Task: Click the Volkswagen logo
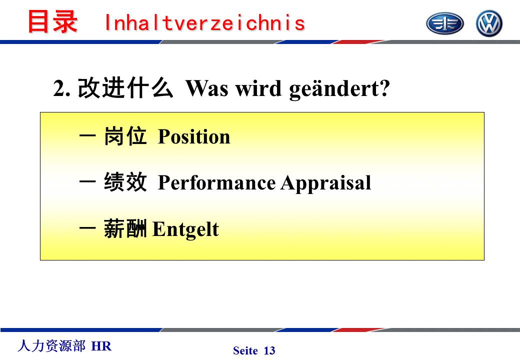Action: (489, 23)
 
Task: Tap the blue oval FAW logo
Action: (444, 23)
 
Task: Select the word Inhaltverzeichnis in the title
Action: (204, 22)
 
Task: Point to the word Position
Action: (194, 136)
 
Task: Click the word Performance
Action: (216, 182)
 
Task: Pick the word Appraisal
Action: (326, 182)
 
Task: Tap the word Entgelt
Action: (185, 229)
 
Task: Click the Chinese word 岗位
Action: (125, 136)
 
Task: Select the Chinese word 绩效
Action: (125, 181)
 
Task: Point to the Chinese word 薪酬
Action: (125, 228)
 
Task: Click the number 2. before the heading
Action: (61, 88)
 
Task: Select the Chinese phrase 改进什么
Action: (125, 87)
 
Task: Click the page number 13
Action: (269, 350)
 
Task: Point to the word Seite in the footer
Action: (245, 350)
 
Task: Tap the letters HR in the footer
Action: (101, 346)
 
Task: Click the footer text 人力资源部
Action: (51, 345)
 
